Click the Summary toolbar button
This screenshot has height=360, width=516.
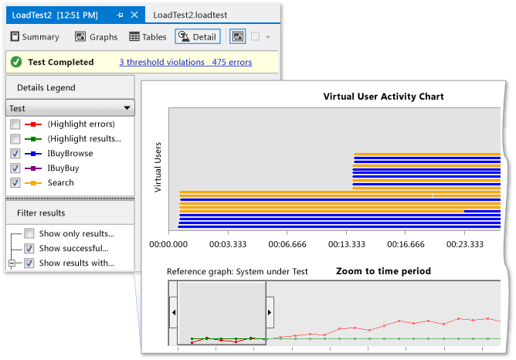click(x=34, y=36)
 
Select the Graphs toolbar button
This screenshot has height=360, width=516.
click(x=97, y=36)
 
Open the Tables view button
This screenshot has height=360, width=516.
click(x=148, y=36)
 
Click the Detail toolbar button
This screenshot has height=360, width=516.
click(x=198, y=36)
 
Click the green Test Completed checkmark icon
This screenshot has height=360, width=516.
click(x=16, y=62)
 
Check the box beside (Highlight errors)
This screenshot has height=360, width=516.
click(x=15, y=124)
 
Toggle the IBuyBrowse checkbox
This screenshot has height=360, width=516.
click(x=15, y=154)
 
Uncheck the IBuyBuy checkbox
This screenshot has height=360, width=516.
click(x=15, y=168)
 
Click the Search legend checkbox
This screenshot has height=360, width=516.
click(x=15, y=182)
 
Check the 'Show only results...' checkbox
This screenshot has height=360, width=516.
click(x=29, y=233)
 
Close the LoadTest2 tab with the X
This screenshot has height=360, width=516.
click(x=134, y=15)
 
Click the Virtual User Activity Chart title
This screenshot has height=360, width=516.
click(x=383, y=97)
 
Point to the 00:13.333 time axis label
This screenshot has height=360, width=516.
click(x=346, y=244)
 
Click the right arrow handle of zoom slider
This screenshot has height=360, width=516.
click(x=270, y=312)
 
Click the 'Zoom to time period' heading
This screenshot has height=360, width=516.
click(x=383, y=271)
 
